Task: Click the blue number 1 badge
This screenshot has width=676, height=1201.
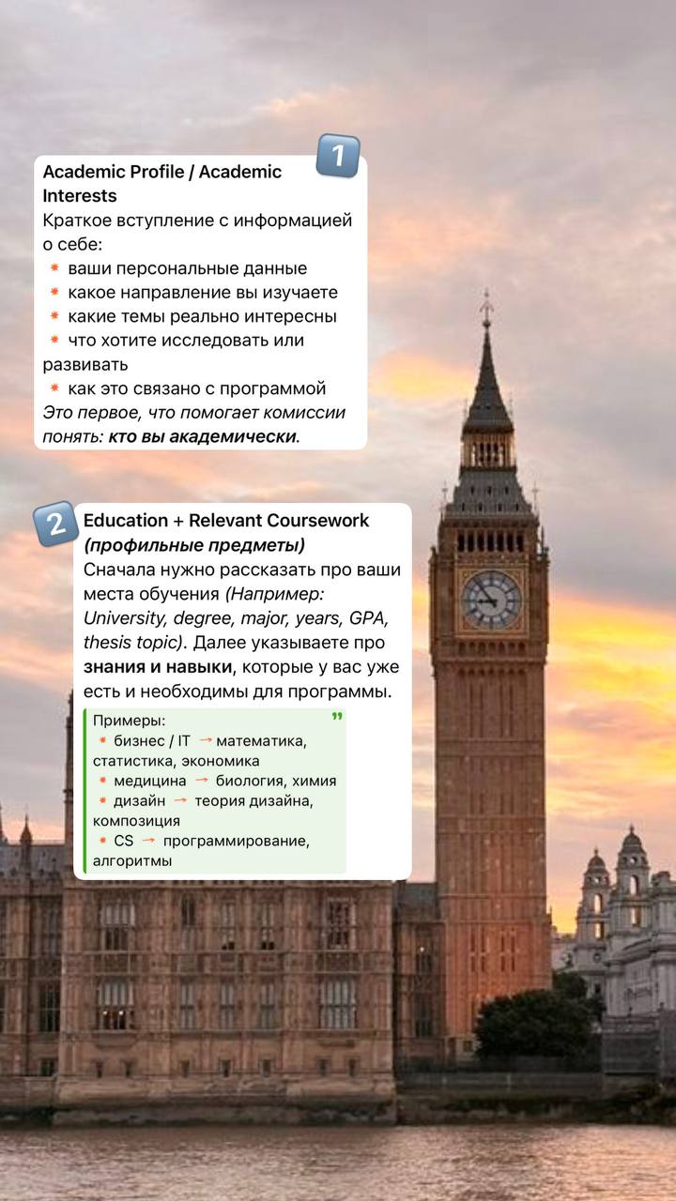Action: tap(338, 156)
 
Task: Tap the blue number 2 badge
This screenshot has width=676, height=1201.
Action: tap(55, 524)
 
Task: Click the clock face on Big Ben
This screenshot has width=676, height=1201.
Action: tap(490, 600)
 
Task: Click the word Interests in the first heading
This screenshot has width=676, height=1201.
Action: tap(80, 196)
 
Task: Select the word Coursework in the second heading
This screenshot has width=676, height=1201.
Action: tap(317, 520)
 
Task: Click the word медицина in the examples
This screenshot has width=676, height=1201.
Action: tap(150, 781)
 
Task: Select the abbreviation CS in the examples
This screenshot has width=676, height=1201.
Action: tap(123, 841)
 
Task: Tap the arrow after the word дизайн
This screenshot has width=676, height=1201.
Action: tap(180, 800)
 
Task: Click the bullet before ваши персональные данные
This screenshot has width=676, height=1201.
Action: tap(54, 268)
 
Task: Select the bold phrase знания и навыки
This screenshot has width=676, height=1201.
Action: tap(156, 667)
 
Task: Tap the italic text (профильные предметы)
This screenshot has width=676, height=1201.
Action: tap(194, 545)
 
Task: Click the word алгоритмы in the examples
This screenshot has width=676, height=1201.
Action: tap(132, 860)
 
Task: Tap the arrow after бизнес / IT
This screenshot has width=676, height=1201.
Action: tap(205, 740)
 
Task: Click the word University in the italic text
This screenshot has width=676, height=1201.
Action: tap(124, 617)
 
